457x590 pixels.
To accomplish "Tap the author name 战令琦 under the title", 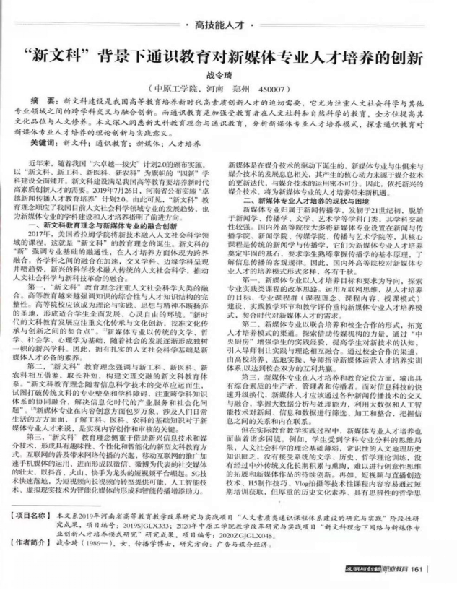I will [229, 77].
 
